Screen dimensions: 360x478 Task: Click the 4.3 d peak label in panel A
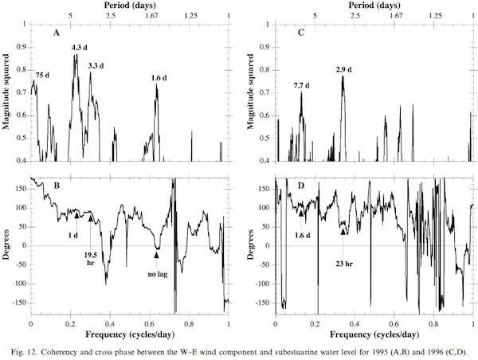point(80,48)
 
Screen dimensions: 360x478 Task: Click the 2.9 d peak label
point(344,70)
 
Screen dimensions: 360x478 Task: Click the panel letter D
point(300,189)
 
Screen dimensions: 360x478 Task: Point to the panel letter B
point(56,189)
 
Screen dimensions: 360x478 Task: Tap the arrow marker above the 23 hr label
point(343,231)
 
